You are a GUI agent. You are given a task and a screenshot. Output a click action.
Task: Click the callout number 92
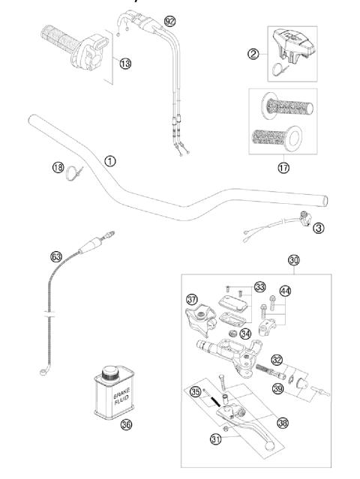coord(170,20)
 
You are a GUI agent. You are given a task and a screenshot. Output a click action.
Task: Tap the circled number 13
coord(124,64)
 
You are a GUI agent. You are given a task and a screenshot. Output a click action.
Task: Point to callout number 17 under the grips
coord(283,168)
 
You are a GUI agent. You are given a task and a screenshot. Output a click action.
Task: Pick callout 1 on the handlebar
coord(110,160)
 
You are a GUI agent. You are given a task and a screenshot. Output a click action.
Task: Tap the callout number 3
coord(319,228)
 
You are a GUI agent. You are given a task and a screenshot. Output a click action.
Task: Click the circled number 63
coord(56,256)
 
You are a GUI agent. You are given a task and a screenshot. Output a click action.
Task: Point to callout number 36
coord(126,424)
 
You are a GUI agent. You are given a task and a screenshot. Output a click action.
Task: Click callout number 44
coord(284,290)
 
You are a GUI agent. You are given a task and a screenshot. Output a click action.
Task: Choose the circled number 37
coord(192,300)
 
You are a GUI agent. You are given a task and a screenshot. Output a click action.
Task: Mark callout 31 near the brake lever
coord(217,439)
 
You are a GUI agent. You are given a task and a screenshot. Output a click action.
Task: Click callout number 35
coord(196,391)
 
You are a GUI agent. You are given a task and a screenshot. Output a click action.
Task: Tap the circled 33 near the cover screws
coord(259,286)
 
